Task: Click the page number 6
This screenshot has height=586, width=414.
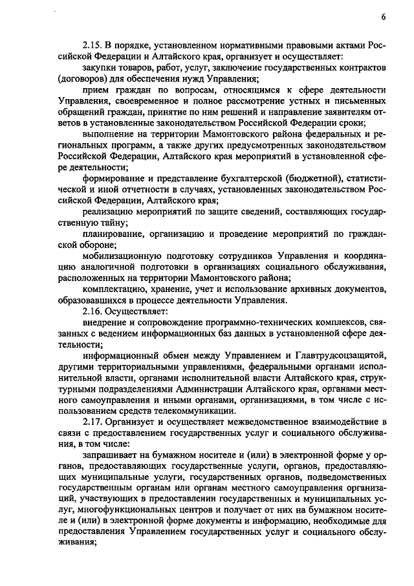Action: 384,16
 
